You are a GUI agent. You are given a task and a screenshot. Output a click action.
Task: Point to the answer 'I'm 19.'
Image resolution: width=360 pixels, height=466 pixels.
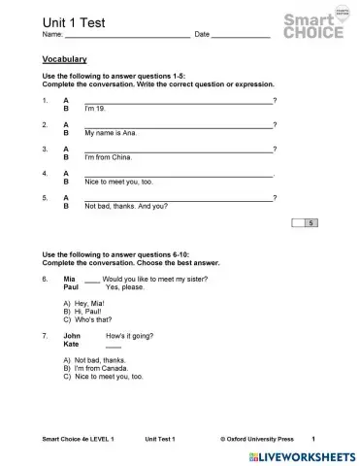[97, 108]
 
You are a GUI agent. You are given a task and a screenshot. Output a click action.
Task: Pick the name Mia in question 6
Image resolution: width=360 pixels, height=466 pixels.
[69, 279]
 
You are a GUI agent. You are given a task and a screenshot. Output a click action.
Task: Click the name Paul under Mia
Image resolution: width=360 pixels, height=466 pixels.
[70, 287]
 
